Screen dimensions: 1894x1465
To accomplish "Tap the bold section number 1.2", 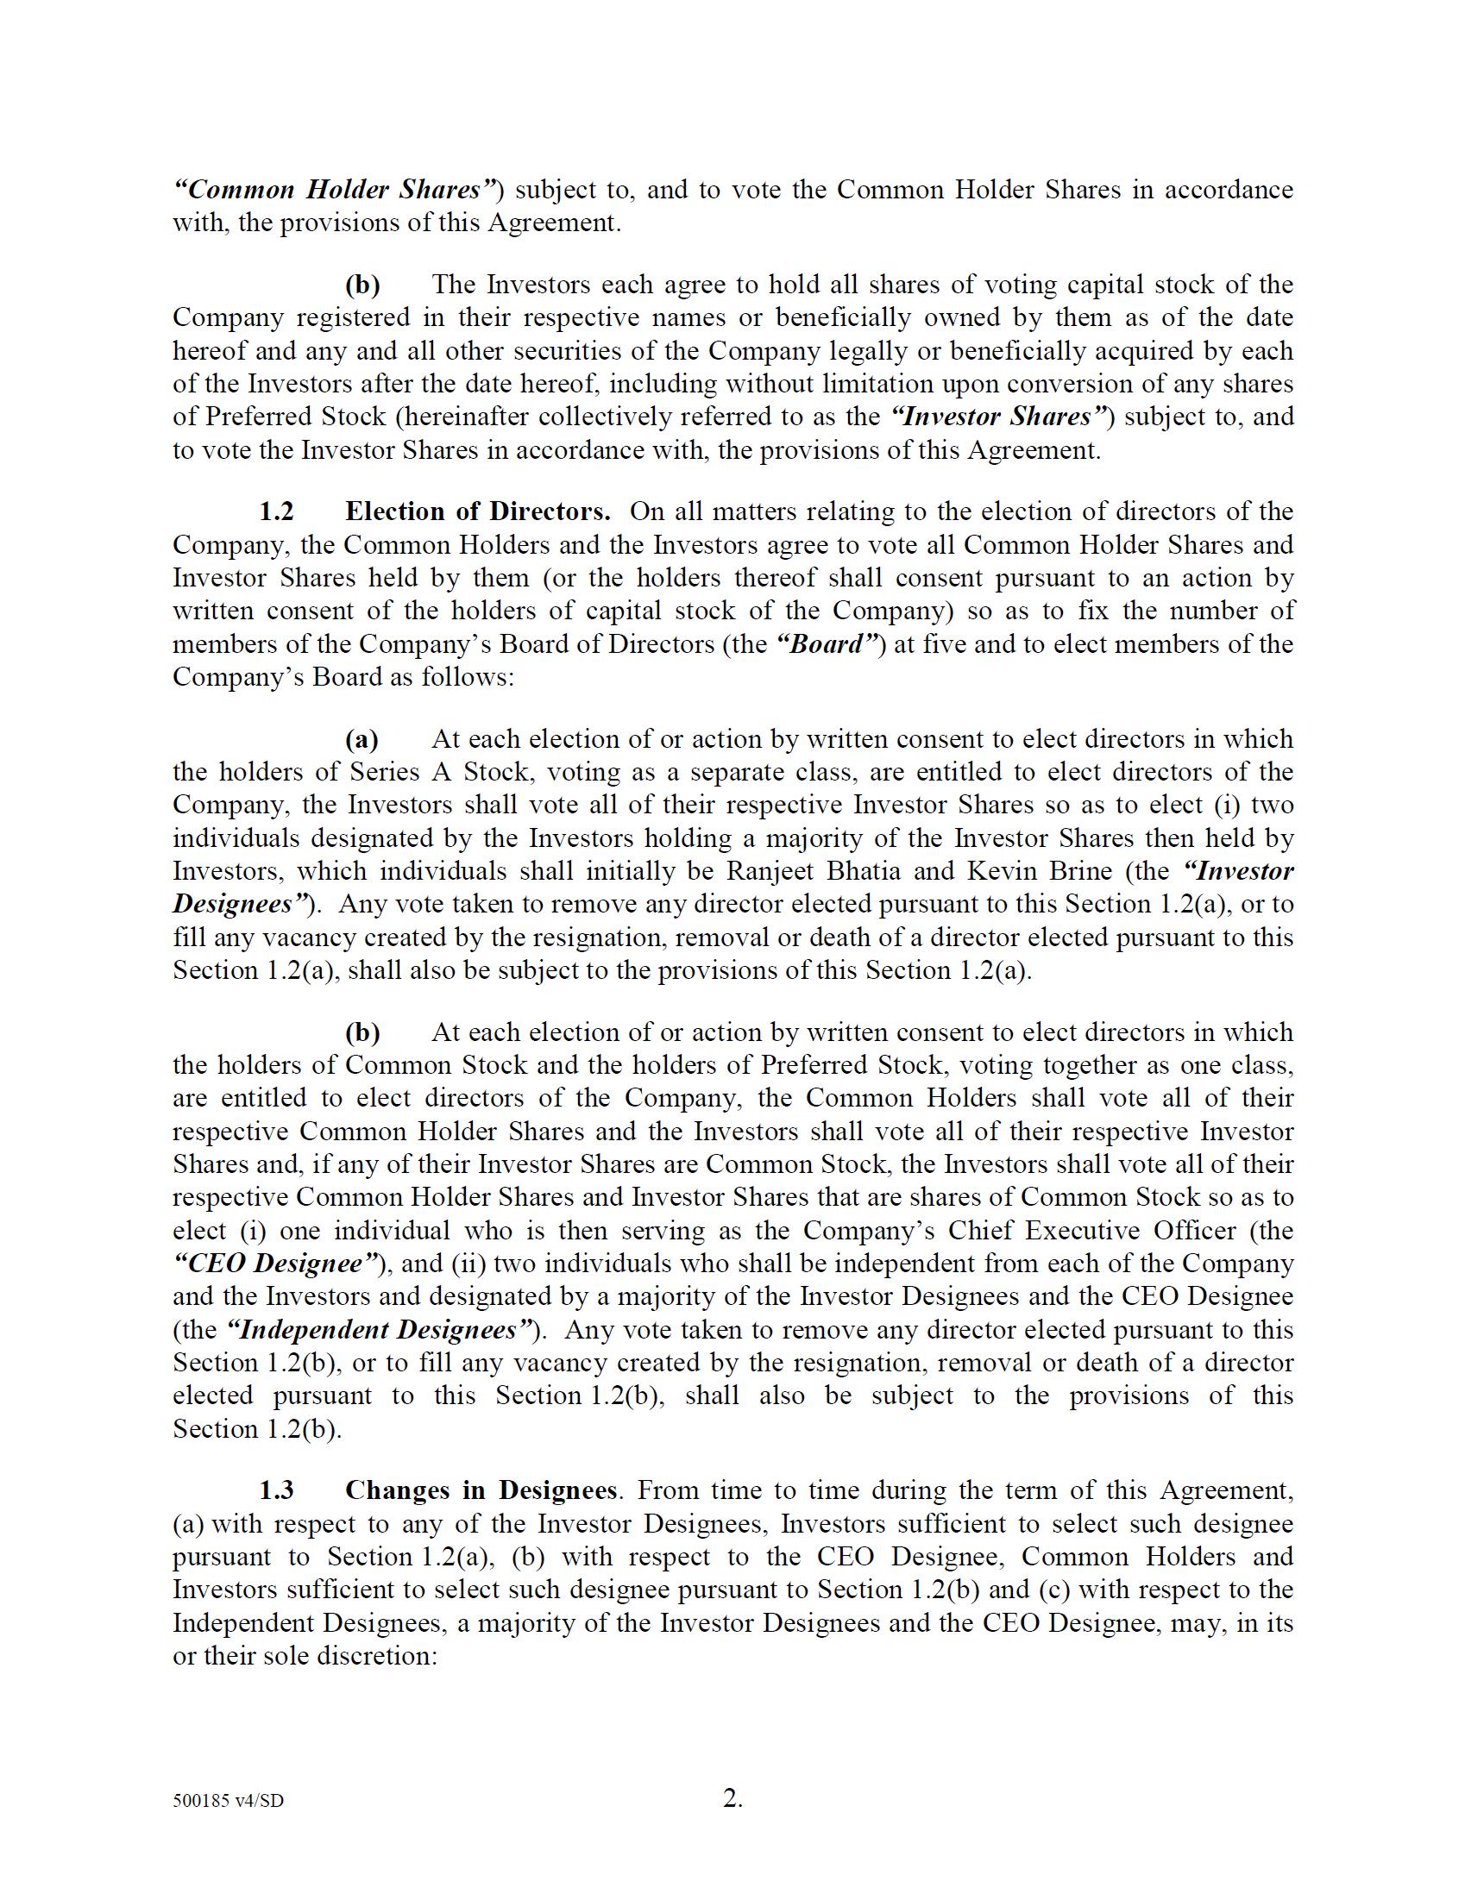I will [276, 511].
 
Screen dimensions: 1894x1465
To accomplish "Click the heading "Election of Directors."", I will [477, 511].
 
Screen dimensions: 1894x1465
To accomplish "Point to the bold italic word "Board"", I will [827, 643].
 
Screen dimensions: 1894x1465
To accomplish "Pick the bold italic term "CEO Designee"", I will [276, 1264].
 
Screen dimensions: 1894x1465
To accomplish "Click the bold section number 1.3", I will [276, 1489].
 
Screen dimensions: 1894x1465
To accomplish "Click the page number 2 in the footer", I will [731, 1799].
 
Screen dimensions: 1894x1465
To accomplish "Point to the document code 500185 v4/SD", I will [228, 1801].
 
